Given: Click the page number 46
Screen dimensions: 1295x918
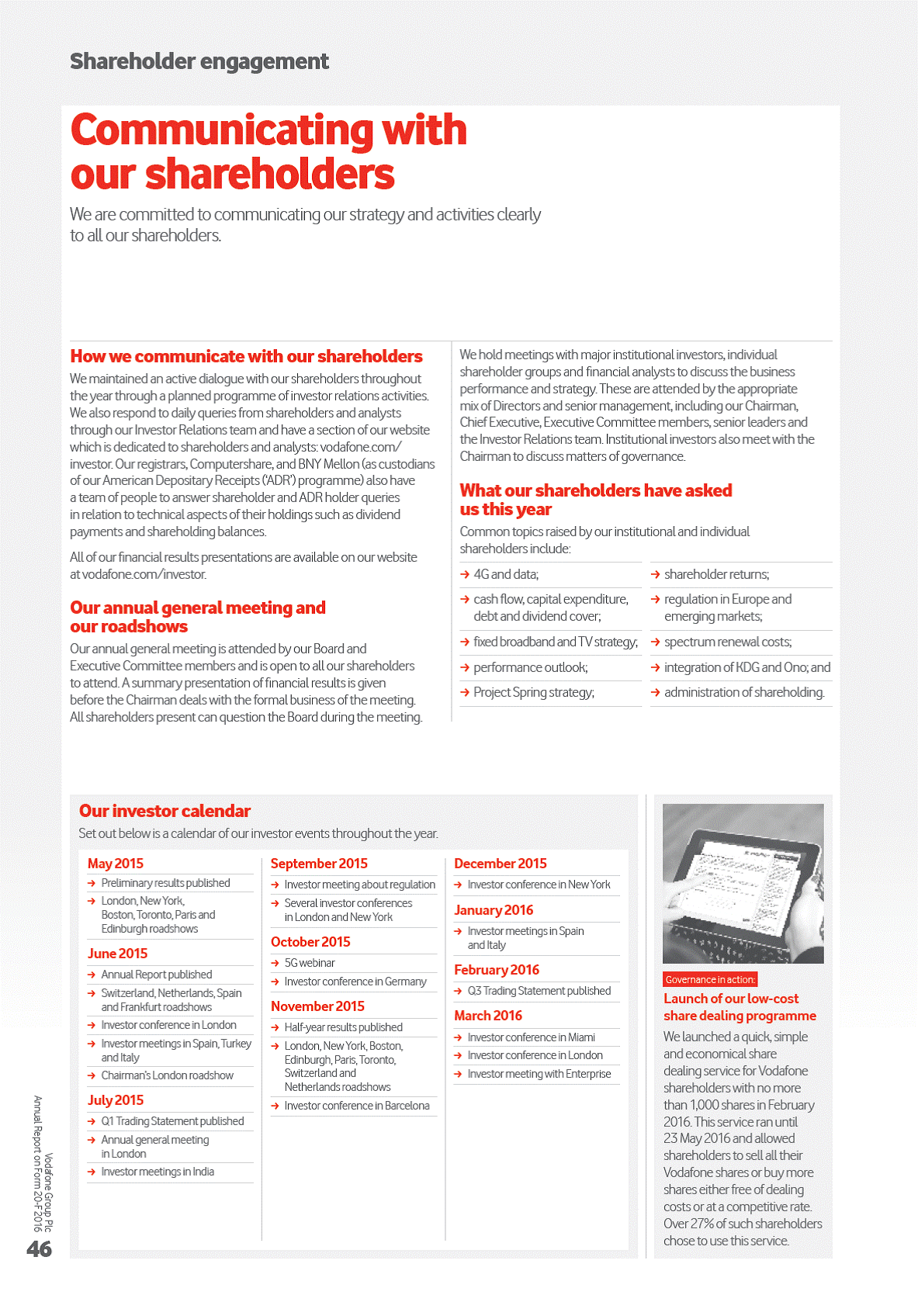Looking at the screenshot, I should click(x=39, y=1248).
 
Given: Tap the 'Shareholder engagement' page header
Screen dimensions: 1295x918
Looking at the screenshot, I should click(x=199, y=61).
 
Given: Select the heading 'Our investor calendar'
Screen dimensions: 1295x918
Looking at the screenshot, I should click(x=165, y=811).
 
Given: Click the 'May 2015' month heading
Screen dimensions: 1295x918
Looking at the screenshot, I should click(x=116, y=864).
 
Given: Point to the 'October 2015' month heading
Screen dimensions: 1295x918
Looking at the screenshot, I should click(x=310, y=942).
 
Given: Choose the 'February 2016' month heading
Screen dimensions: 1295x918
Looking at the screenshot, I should click(x=497, y=970).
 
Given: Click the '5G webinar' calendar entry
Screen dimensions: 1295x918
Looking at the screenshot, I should click(x=310, y=963).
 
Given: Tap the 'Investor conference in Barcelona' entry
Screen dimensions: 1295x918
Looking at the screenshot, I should click(x=356, y=1106).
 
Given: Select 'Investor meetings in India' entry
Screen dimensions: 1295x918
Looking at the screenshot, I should click(x=158, y=1172).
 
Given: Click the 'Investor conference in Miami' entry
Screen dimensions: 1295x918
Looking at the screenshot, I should click(x=531, y=1037).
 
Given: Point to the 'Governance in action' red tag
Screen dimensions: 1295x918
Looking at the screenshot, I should click(x=710, y=980).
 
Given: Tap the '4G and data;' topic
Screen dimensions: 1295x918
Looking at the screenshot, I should click(x=506, y=574).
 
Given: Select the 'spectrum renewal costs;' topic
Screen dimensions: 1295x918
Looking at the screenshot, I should click(x=728, y=642).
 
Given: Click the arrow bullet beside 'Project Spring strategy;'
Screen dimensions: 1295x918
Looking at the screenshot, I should click(x=465, y=692).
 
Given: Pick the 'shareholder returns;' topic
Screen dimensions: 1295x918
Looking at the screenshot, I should click(x=716, y=574).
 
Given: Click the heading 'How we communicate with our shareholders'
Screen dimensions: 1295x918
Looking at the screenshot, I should click(x=246, y=356).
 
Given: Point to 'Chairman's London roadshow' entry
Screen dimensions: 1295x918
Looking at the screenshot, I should click(x=167, y=1075).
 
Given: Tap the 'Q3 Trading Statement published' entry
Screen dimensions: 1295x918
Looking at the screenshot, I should click(x=539, y=991).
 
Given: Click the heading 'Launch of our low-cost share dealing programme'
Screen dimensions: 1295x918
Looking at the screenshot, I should click(x=740, y=1007).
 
